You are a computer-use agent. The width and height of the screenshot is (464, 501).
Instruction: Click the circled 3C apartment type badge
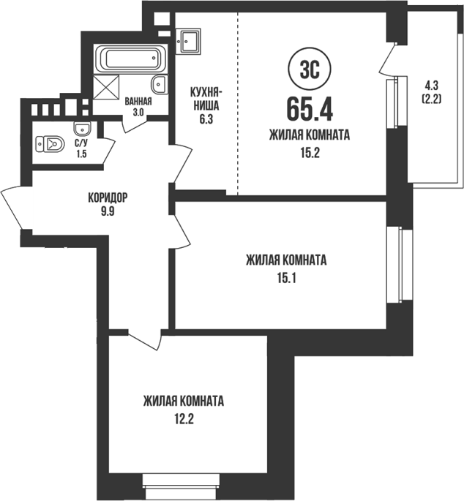click(310, 69)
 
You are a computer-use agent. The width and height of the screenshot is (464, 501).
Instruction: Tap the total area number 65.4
click(310, 109)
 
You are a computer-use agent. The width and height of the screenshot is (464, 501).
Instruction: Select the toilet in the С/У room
click(50, 145)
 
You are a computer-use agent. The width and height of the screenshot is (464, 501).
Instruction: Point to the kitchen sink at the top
click(188, 40)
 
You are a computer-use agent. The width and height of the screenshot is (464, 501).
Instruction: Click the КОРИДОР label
click(108, 197)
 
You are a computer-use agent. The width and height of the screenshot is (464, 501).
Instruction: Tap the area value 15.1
click(286, 279)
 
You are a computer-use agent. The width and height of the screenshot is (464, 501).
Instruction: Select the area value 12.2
click(184, 418)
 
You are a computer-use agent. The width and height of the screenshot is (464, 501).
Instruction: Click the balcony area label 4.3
click(432, 86)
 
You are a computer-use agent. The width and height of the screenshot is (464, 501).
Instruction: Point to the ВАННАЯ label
click(138, 102)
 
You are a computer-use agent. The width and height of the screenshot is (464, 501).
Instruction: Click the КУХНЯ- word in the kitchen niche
click(206, 92)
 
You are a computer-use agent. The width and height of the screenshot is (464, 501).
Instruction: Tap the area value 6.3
click(206, 120)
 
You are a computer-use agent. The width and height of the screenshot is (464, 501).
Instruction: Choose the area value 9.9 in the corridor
click(108, 211)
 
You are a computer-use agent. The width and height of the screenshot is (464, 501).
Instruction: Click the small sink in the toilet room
click(83, 129)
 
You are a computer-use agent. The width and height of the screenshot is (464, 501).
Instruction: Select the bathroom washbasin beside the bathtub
click(159, 85)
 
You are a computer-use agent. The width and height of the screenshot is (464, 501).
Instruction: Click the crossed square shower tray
click(106, 87)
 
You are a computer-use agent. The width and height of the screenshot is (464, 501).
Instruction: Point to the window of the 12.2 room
click(181, 486)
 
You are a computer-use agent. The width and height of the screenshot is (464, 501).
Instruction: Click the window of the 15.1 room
click(400, 264)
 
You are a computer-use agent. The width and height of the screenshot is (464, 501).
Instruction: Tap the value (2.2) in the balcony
click(432, 99)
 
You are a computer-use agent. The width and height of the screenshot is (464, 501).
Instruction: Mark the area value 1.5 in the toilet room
click(81, 154)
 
